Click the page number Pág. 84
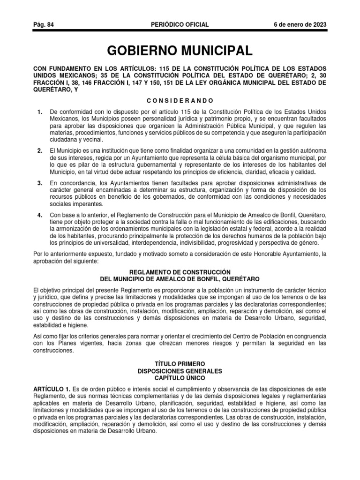[43, 25]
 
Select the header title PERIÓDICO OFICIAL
[180, 25]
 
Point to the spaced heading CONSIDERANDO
[180, 100]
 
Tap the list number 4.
[40, 215]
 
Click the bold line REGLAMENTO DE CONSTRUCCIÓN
[180, 272]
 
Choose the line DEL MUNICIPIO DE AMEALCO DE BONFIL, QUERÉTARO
[180, 279]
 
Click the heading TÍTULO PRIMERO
[180, 364]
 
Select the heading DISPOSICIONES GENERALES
[180, 371]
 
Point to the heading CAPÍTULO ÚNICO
[180, 377]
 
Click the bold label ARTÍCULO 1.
[52, 390]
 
